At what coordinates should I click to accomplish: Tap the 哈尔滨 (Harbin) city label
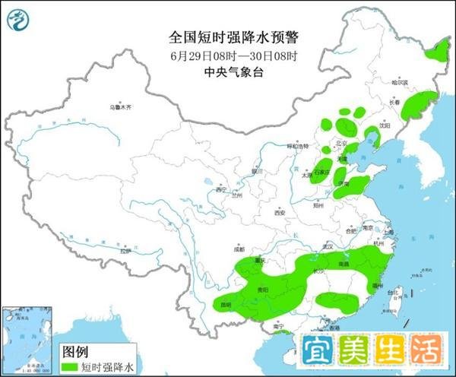pos(400,82)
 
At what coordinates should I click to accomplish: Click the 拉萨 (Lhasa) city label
pos(124,249)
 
